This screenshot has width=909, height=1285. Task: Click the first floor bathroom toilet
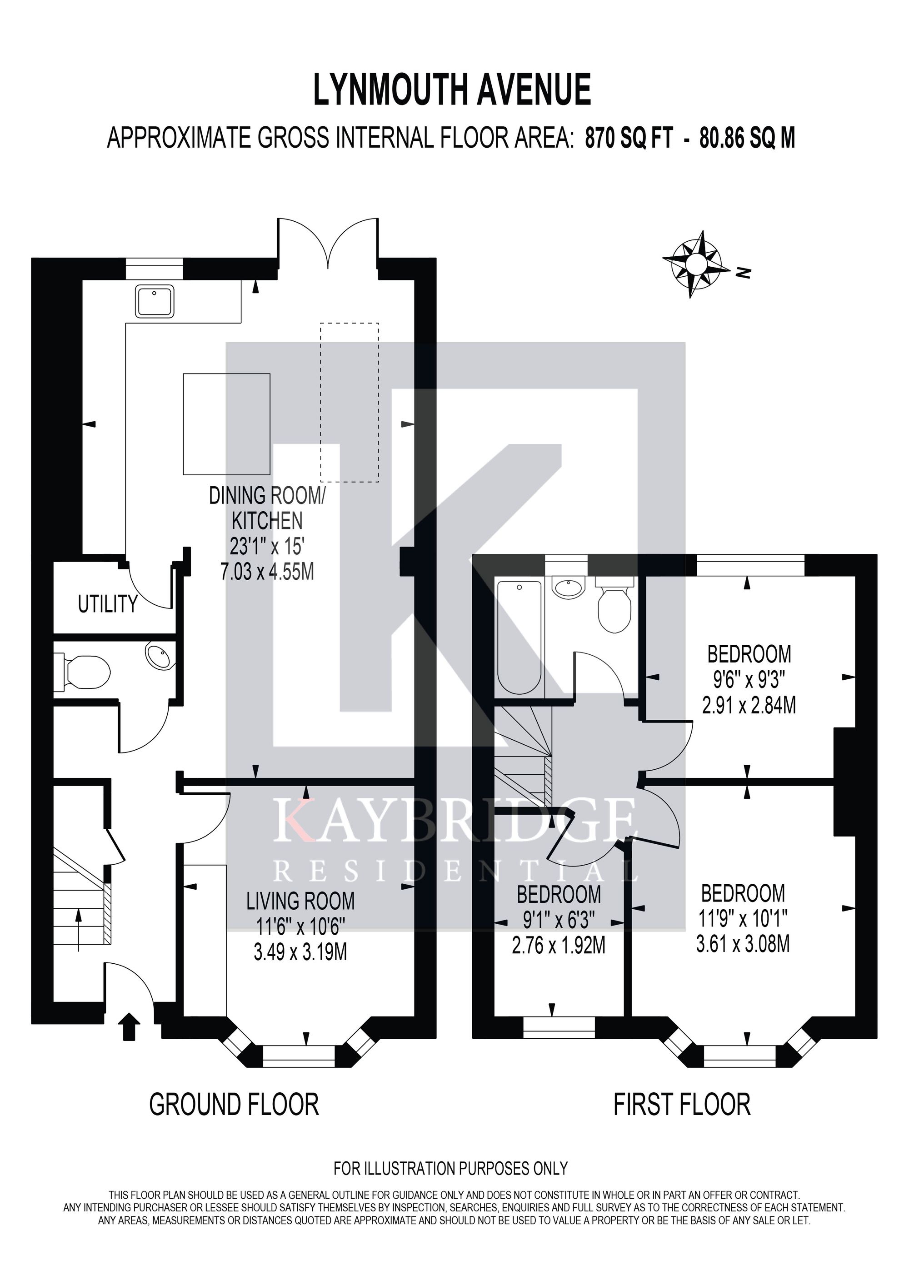(x=615, y=605)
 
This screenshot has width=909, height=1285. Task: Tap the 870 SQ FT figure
(x=629, y=137)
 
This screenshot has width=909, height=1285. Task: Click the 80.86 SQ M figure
(x=747, y=137)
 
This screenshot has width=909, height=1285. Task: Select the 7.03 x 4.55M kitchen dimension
(x=268, y=572)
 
